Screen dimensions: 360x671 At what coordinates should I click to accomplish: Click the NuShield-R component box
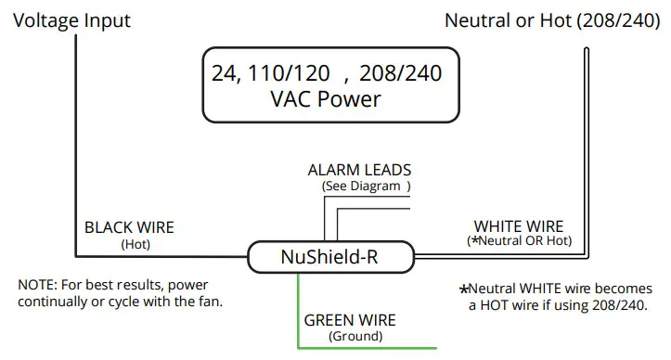click(x=329, y=256)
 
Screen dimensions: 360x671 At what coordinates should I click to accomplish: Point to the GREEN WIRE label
click(x=350, y=320)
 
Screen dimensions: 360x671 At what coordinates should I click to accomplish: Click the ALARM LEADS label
click(x=359, y=171)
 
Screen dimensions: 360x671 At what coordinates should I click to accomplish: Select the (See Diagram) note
click(x=365, y=186)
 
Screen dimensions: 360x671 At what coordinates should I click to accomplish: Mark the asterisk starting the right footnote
click(x=464, y=289)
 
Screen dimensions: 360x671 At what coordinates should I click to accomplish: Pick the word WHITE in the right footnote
click(x=548, y=288)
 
